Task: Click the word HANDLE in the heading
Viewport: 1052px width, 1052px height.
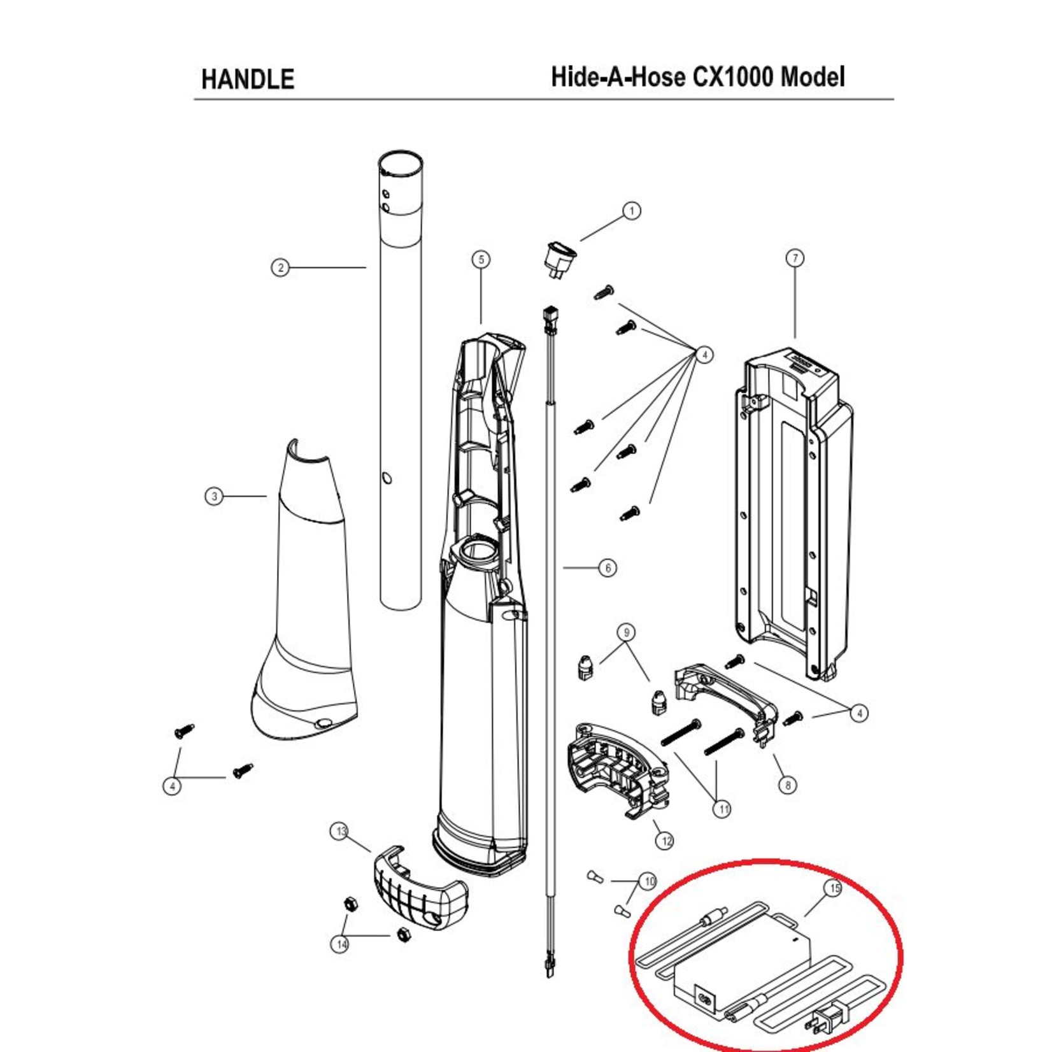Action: (248, 80)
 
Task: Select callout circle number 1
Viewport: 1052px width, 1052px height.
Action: (631, 211)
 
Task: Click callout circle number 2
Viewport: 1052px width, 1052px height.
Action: (280, 267)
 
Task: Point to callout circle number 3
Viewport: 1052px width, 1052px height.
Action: (214, 496)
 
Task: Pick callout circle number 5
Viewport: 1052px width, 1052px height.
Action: (481, 259)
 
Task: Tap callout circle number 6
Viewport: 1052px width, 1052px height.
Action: (608, 567)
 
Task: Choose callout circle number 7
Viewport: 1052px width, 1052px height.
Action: (795, 259)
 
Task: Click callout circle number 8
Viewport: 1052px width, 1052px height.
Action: (788, 785)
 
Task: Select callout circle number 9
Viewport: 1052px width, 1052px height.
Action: (627, 632)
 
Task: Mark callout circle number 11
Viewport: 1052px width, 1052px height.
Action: (722, 809)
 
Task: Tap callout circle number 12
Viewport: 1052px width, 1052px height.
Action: (665, 841)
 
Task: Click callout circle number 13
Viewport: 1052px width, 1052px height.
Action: (341, 831)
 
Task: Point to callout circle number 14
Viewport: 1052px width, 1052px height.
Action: (341, 944)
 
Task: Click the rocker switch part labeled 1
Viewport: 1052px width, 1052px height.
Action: (561, 259)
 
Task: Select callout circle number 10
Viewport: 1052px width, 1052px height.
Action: (648, 881)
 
